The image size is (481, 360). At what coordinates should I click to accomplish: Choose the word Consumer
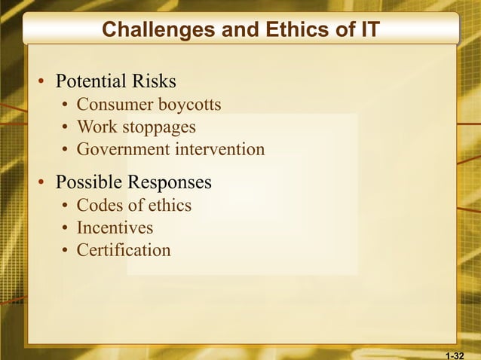[113, 104]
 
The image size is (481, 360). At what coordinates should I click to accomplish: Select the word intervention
[220, 149]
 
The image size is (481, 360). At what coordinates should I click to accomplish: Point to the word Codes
[99, 205]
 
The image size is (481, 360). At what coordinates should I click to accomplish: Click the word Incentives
[115, 227]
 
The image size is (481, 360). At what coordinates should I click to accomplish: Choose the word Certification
[124, 250]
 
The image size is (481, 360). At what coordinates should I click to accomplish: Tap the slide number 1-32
[455, 354]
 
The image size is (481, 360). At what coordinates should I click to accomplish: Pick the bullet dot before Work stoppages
[66, 127]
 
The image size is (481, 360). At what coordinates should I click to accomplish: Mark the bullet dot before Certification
[66, 251]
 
